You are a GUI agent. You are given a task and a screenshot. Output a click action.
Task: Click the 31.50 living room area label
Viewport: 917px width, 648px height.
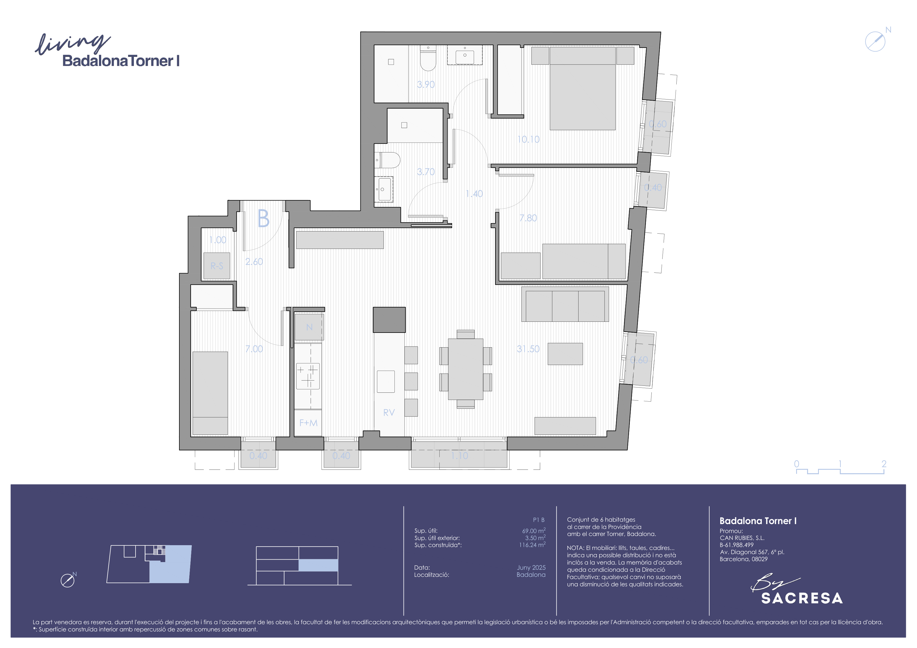(528, 349)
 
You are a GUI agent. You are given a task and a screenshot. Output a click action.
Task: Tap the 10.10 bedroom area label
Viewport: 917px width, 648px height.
(528, 139)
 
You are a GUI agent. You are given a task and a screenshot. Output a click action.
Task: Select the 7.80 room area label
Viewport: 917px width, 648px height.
(528, 218)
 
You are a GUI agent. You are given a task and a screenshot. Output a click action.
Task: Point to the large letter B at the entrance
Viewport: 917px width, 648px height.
(264, 218)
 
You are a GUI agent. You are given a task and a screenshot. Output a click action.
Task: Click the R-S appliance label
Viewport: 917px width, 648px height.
(217, 266)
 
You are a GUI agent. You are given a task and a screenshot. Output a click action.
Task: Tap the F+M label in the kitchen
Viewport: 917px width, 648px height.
(308, 423)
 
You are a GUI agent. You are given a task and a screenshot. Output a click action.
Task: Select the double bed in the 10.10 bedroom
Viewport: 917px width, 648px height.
(583, 89)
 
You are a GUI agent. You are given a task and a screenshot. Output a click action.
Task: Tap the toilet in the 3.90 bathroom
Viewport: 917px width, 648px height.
(428, 58)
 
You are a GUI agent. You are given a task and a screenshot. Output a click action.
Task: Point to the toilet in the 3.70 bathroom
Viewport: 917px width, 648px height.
(388, 160)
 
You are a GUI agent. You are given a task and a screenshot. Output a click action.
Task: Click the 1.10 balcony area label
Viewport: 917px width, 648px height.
(459, 456)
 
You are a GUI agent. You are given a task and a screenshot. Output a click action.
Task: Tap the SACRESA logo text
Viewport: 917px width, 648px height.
(802, 598)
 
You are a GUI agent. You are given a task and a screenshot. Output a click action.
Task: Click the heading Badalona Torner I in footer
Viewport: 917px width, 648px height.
(758, 521)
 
